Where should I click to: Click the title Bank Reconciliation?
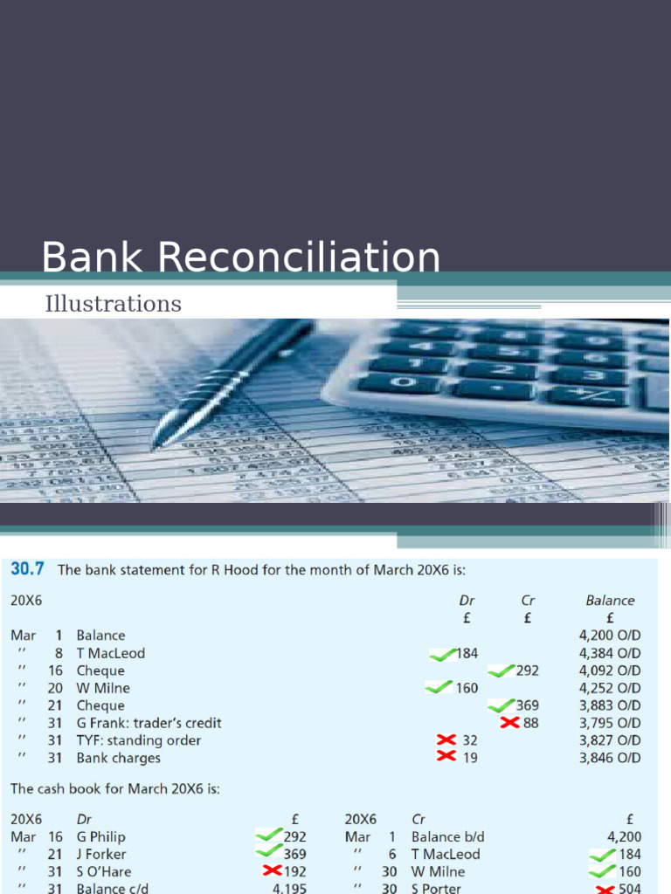point(241,258)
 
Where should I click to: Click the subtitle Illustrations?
point(113,304)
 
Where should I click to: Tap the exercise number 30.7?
point(29,570)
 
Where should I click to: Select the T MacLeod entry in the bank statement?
point(110,653)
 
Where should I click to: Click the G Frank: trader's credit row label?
point(149,723)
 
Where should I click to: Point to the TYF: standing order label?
point(138,740)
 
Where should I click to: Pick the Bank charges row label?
point(118,758)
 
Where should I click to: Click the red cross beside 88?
point(510,722)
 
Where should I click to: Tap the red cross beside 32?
point(446,739)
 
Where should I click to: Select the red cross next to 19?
point(446,756)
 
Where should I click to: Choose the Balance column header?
point(610,601)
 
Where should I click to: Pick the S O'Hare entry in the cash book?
point(100,871)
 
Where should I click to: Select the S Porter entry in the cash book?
point(438,889)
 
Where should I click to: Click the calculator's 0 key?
point(403,382)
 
